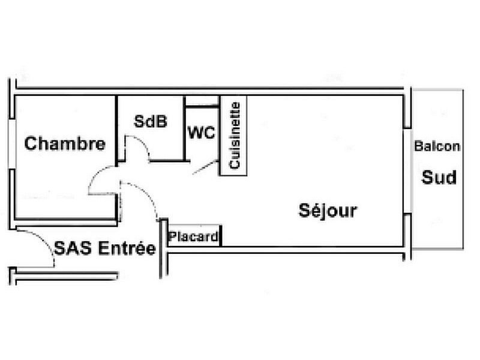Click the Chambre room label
pos(65,143)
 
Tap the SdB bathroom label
pos(151,121)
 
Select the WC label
pos(202,133)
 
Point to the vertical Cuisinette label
pos(235,136)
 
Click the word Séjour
pos(328,211)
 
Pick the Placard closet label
pos(193,236)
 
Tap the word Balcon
pos(437,146)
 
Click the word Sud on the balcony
pos(439,177)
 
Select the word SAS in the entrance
pos(73,248)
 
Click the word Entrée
pos(127,248)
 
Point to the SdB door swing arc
pos(137,148)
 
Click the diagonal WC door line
pos(205,167)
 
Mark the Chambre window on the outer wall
pos(12,144)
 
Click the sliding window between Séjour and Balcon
pos(407,171)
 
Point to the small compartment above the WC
pos(202,101)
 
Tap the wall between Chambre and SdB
pos(116,131)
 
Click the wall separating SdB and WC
pos(184,128)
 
